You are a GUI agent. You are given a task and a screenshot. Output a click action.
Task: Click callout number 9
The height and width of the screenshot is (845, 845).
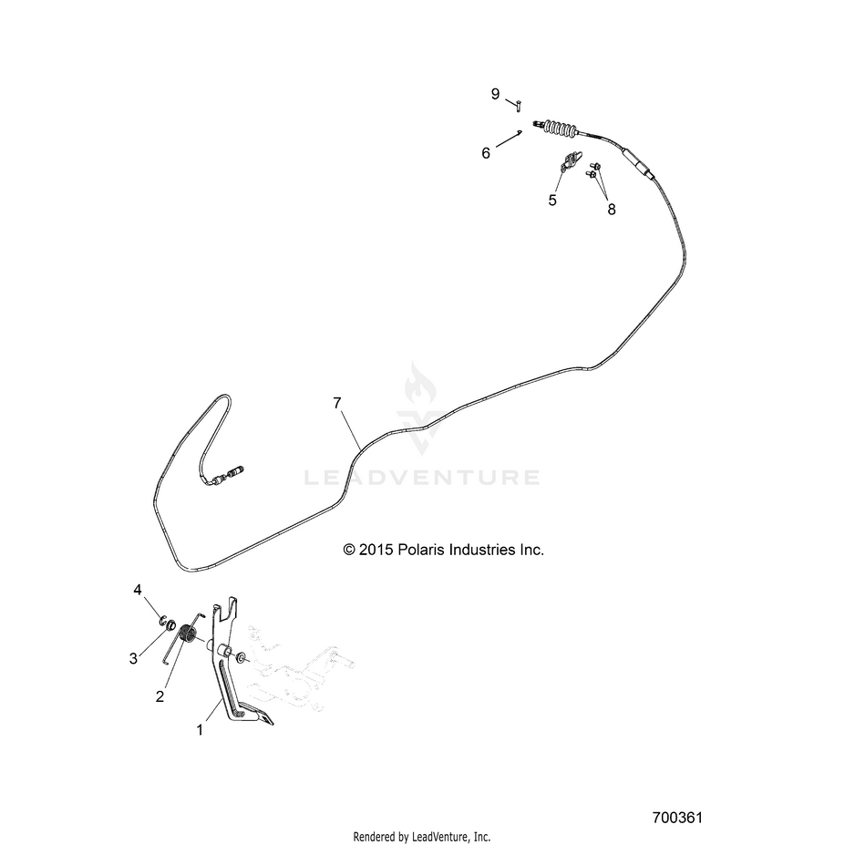[495, 94]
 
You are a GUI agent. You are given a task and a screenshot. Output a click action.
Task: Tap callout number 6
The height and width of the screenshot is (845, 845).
[486, 153]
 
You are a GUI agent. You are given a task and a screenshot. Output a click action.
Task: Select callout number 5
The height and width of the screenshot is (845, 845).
[551, 201]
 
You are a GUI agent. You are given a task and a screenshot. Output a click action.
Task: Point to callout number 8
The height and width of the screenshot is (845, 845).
[611, 209]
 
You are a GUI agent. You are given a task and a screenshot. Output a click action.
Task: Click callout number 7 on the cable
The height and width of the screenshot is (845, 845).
[337, 403]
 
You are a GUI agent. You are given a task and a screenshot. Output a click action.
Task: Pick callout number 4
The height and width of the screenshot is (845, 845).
[138, 590]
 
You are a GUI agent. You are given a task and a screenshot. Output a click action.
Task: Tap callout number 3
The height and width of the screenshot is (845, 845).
[133, 658]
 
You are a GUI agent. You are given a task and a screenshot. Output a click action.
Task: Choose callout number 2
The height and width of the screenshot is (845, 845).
[160, 696]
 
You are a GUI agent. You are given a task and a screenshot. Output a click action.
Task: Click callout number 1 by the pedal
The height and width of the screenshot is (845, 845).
[200, 730]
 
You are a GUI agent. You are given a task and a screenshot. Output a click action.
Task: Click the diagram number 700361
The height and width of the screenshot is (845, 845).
[677, 818]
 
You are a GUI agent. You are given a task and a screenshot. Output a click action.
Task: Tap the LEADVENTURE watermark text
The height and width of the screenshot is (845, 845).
[422, 478]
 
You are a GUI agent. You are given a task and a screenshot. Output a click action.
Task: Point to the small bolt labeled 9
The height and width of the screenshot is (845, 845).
[518, 105]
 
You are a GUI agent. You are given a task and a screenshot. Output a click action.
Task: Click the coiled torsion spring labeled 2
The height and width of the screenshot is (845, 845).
[188, 633]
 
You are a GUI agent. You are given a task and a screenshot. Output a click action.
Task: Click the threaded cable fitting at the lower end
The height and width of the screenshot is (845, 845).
[230, 474]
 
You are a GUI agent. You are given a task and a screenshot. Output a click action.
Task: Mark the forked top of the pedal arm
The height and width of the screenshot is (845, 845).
[226, 608]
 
